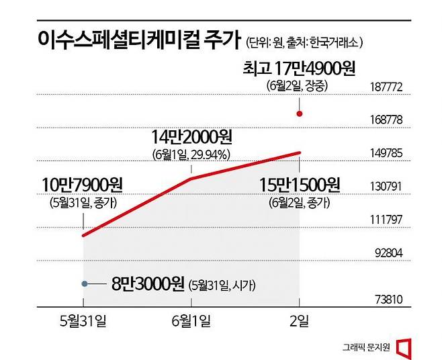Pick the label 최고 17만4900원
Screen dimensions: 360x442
pos(300,68)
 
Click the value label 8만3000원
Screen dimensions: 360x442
pos(140,284)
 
